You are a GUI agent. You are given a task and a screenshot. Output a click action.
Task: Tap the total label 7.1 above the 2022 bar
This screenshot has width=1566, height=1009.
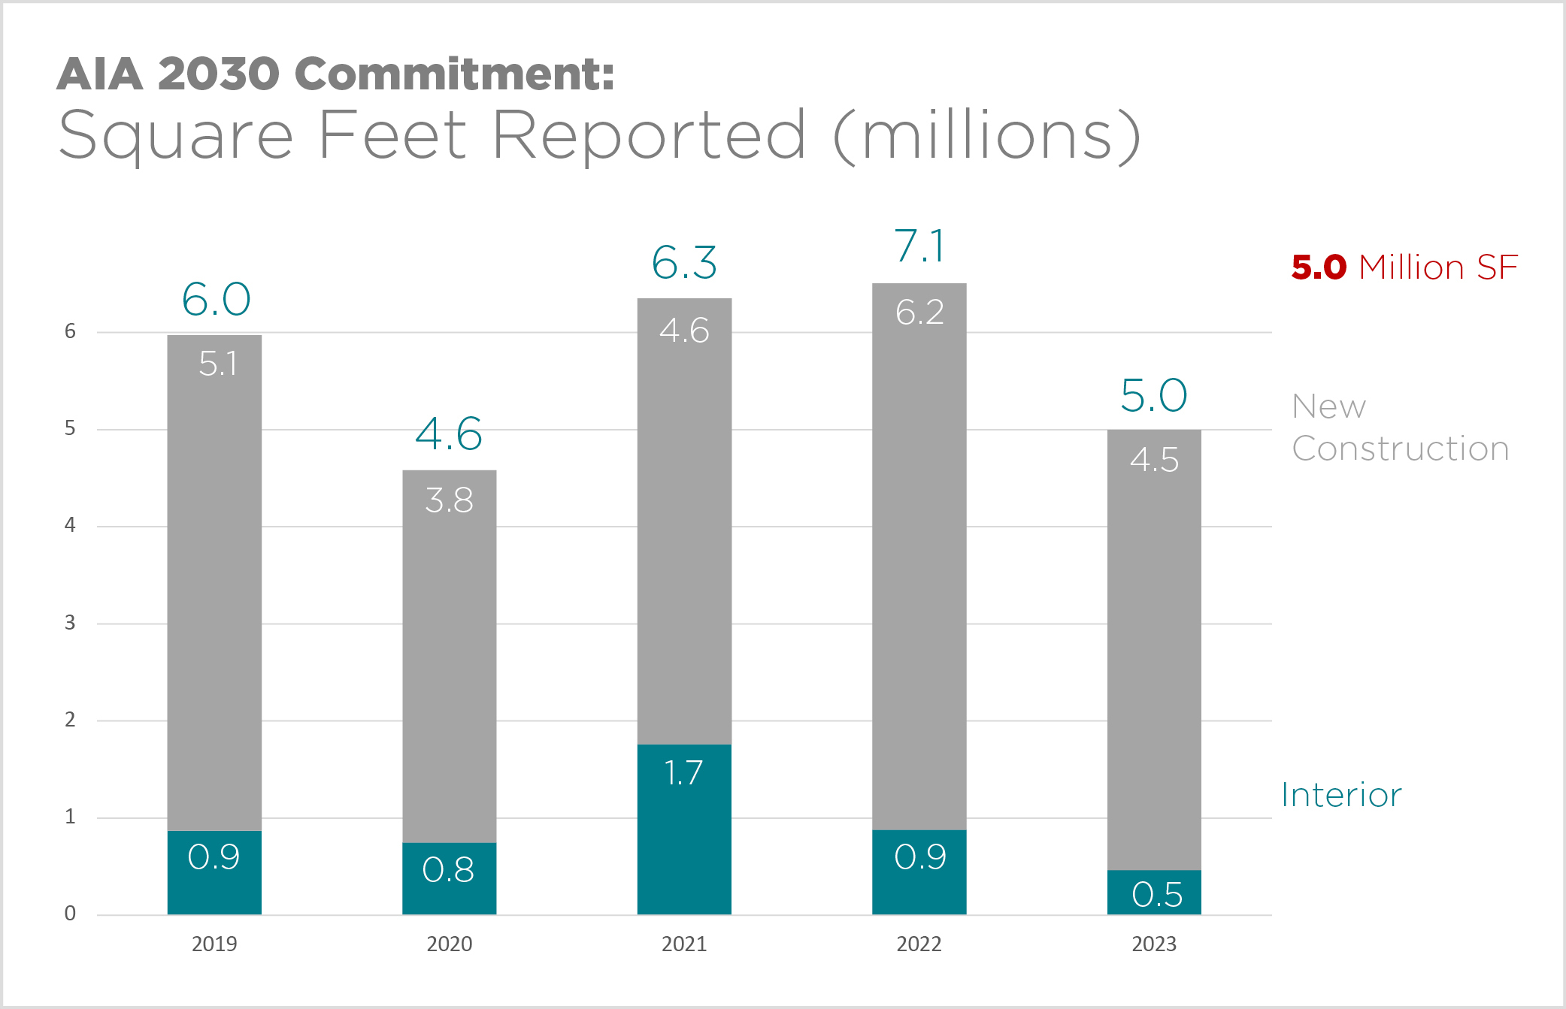919,246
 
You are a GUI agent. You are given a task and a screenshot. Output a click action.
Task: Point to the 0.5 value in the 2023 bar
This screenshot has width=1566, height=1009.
1156,894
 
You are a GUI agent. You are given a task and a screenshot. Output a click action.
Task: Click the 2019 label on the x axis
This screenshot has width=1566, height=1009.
214,944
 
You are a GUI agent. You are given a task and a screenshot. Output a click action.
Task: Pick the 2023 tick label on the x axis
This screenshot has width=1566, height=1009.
1154,944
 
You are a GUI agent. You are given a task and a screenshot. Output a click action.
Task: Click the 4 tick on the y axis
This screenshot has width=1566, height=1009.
70,525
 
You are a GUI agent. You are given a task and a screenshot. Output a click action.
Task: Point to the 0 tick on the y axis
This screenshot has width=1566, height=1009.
70,914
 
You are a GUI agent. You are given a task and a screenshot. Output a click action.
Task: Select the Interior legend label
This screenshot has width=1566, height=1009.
1341,795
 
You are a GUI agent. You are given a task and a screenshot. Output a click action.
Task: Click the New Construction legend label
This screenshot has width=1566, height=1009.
1400,427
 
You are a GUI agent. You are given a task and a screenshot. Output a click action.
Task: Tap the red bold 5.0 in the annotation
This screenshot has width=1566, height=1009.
1319,267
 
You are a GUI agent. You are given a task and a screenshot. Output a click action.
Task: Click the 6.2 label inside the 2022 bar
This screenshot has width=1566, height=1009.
919,313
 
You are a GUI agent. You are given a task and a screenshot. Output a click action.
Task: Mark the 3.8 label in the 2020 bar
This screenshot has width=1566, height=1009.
449,500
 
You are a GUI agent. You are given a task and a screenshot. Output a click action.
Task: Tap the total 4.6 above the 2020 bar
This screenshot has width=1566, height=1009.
449,434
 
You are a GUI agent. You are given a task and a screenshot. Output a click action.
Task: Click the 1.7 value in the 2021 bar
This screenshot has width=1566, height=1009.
683,773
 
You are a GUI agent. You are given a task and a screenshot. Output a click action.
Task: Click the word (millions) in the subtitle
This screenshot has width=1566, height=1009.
987,137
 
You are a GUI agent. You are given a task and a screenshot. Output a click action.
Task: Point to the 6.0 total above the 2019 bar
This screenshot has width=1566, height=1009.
217,300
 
